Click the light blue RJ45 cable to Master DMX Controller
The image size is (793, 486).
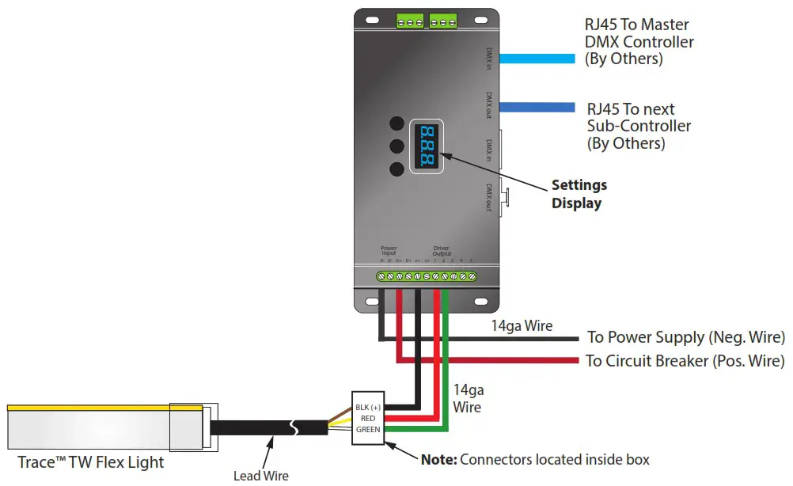point(537,59)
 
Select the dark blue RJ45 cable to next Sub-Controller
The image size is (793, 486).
point(537,108)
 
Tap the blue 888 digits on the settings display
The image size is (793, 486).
point(427,146)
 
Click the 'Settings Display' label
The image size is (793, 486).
point(579,194)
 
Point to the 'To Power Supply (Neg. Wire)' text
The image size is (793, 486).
point(685,338)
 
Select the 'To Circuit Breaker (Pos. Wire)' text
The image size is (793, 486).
point(685,361)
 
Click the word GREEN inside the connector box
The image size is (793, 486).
point(368,429)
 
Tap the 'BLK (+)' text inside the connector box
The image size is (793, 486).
point(368,407)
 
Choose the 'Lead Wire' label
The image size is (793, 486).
point(261,476)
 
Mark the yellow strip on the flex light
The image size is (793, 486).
point(103,408)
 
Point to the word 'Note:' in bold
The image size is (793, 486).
point(438,459)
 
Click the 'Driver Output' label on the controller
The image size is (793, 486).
point(442,251)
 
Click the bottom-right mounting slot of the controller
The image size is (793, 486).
point(481,302)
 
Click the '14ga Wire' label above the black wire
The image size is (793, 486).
point(523,325)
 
